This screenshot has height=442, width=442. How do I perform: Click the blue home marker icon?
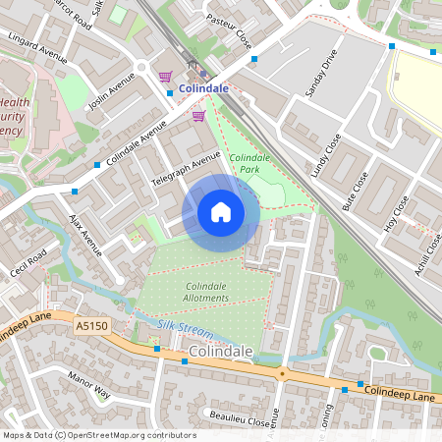[221, 211]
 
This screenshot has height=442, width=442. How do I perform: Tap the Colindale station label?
[204, 88]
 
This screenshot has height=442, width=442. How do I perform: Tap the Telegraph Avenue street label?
[186, 170]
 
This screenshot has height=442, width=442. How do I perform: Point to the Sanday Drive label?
[321, 73]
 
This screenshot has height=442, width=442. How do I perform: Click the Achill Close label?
[428, 253]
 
